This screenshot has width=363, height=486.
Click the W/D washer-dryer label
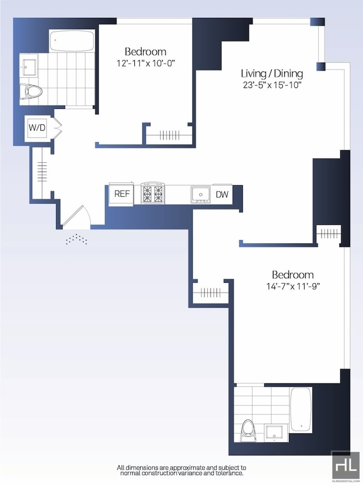37,127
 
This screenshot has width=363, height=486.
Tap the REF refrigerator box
122,194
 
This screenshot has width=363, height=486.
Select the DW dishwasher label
222,194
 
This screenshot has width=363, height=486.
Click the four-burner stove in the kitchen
152,193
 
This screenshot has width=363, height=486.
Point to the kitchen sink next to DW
201,194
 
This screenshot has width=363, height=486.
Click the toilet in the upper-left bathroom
31,92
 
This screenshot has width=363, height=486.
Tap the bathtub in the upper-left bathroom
72,41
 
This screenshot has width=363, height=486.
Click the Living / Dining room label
272,73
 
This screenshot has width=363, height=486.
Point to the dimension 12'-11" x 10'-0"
146,63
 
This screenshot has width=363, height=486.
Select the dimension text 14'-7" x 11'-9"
293,287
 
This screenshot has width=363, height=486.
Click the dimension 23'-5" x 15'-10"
272,85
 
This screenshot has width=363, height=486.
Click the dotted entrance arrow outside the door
76,239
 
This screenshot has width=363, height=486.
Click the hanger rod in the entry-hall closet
42,172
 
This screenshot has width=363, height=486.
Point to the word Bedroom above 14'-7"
293,275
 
